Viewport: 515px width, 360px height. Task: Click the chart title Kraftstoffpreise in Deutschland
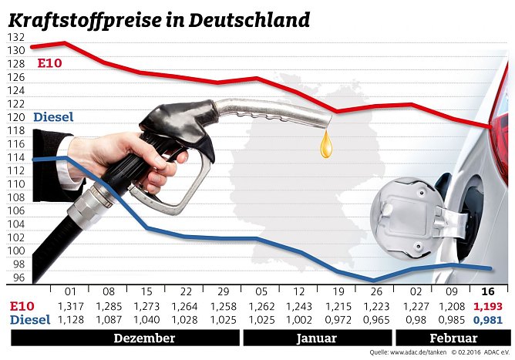point(157,19)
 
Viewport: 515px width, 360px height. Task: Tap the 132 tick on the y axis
point(15,38)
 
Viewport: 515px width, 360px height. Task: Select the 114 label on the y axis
point(15,158)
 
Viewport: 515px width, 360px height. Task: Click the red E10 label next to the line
point(48,63)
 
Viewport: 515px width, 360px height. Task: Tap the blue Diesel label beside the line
point(54,117)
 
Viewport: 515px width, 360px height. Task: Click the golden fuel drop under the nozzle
point(327,144)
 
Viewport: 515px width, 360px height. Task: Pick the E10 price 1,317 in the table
point(69,306)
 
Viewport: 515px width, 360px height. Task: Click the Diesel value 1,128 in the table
point(69,319)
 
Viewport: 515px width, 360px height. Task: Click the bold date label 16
point(487,292)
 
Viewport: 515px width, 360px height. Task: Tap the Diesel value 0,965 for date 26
point(373,319)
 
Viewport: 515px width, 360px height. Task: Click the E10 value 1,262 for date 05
point(260,306)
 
